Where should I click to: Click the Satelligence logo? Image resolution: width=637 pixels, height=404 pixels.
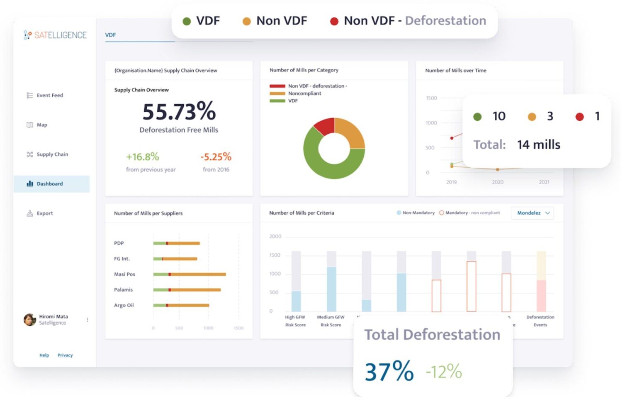(x=55, y=35)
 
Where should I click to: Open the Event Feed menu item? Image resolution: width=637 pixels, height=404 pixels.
(x=49, y=95)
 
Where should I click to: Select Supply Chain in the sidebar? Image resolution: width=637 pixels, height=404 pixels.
(x=52, y=154)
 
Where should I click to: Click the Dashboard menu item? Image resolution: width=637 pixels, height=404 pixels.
(x=49, y=184)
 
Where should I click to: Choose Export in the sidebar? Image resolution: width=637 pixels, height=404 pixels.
(x=44, y=213)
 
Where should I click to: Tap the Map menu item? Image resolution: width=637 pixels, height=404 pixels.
(x=41, y=125)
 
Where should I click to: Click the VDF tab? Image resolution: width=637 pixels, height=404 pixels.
(x=110, y=35)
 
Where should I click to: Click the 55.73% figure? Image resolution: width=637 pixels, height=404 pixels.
(x=179, y=111)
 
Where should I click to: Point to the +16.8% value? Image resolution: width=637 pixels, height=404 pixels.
(x=142, y=157)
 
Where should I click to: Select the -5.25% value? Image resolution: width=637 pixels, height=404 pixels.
(x=216, y=157)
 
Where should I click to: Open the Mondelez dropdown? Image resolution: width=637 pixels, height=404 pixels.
(x=532, y=213)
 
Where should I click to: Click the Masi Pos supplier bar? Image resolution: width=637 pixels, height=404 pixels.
(x=190, y=274)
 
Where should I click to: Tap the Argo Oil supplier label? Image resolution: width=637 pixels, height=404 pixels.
(x=124, y=306)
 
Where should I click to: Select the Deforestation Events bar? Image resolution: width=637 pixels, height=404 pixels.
(x=541, y=296)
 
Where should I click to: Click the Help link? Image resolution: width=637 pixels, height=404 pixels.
(x=44, y=355)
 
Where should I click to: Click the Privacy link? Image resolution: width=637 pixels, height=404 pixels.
(x=65, y=355)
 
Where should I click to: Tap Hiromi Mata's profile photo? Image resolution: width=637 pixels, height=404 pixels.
(x=30, y=320)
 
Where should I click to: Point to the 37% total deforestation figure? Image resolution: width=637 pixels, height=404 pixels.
(x=389, y=371)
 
